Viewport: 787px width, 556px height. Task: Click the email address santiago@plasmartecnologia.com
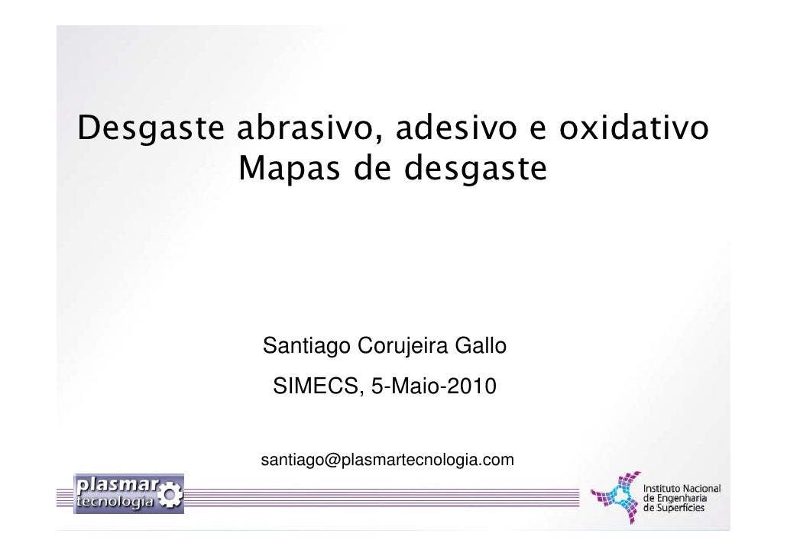click(387, 461)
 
